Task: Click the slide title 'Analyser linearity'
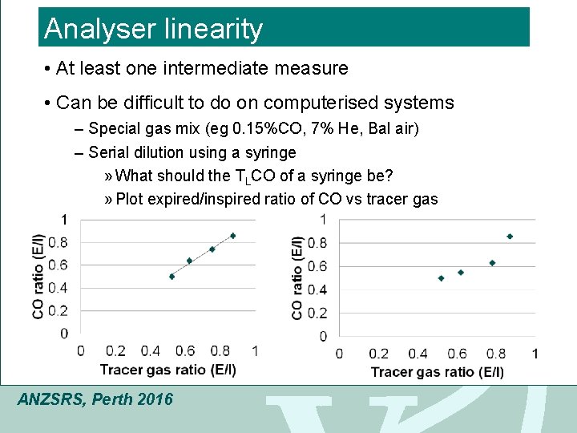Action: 153,29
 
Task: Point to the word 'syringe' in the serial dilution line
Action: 270,152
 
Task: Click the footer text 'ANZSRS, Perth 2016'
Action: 95,399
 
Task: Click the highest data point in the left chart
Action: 233,236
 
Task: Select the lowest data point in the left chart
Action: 171,277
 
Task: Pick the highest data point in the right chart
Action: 510,237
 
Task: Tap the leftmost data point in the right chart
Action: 441,278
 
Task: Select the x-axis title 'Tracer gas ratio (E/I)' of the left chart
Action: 167,369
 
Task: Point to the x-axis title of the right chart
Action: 437,372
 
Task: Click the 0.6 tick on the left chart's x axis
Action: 185,350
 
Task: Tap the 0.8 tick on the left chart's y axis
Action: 58,242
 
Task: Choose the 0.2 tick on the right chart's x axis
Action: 378,354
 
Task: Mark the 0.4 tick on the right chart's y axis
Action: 317,289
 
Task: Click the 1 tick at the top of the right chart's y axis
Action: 322,219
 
